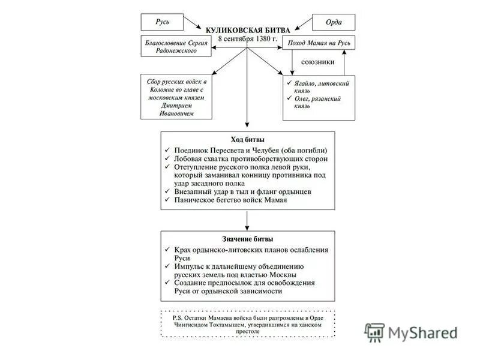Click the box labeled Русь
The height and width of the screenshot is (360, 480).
coord(163,22)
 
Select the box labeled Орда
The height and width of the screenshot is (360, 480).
coord(333,22)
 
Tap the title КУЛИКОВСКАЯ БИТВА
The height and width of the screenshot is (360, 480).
coord(248,30)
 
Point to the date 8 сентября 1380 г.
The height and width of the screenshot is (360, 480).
coord(248,38)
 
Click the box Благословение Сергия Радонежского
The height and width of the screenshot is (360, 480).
coord(176,46)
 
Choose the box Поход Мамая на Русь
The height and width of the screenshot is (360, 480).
coord(319,42)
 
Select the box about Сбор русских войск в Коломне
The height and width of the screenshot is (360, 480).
coord(176,97)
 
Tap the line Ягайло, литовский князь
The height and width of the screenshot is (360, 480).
coord(321,86)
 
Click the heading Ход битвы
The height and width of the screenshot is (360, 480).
coord(247,139)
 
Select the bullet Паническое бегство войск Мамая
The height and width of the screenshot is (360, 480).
coord(231,200)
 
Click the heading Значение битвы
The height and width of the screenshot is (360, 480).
coord(247,239)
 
